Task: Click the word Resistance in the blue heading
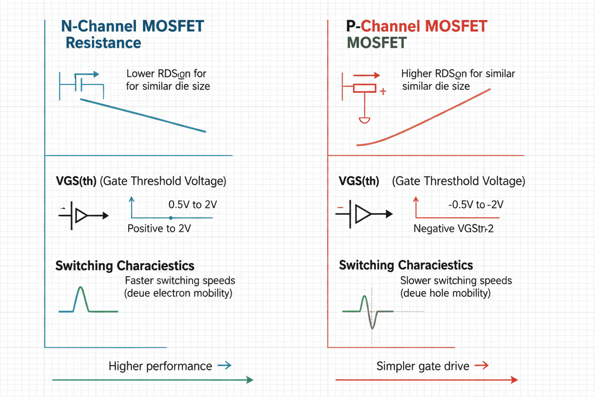[x=103, y=43]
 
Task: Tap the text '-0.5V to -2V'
[x=476, y=205]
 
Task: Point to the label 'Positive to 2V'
[x=159, y=229]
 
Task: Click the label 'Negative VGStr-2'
[x=453, y=229]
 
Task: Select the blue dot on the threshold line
[x=171, y=218]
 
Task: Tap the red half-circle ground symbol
[x=364, y=120]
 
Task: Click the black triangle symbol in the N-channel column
[x=82, y=216]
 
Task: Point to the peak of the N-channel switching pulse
[x=80, y=288]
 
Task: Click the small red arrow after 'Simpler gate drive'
[x=482, y=366]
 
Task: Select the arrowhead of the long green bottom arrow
[x=249, y=380]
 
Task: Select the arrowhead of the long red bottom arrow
[x=514, y=380]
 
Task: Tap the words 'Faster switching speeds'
[x=180, y=281]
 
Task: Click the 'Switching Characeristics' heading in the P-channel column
[x=406, y=265]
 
